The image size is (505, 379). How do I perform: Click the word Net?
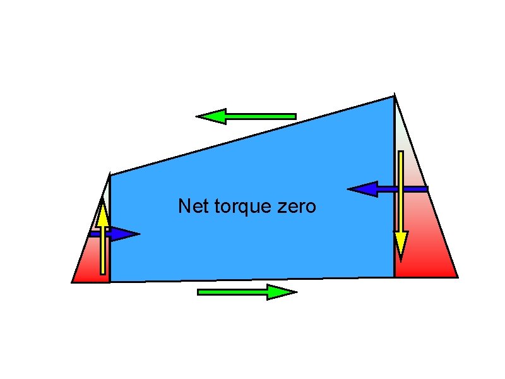coord(192,207)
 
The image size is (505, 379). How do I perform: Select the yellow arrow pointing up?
coord(102,240)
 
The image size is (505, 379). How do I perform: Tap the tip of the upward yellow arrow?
coord(102,200)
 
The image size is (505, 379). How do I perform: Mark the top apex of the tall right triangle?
coord(395,95)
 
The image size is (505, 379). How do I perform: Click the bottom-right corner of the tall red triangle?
coord(457,277)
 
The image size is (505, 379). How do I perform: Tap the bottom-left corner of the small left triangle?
coord(72,282)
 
